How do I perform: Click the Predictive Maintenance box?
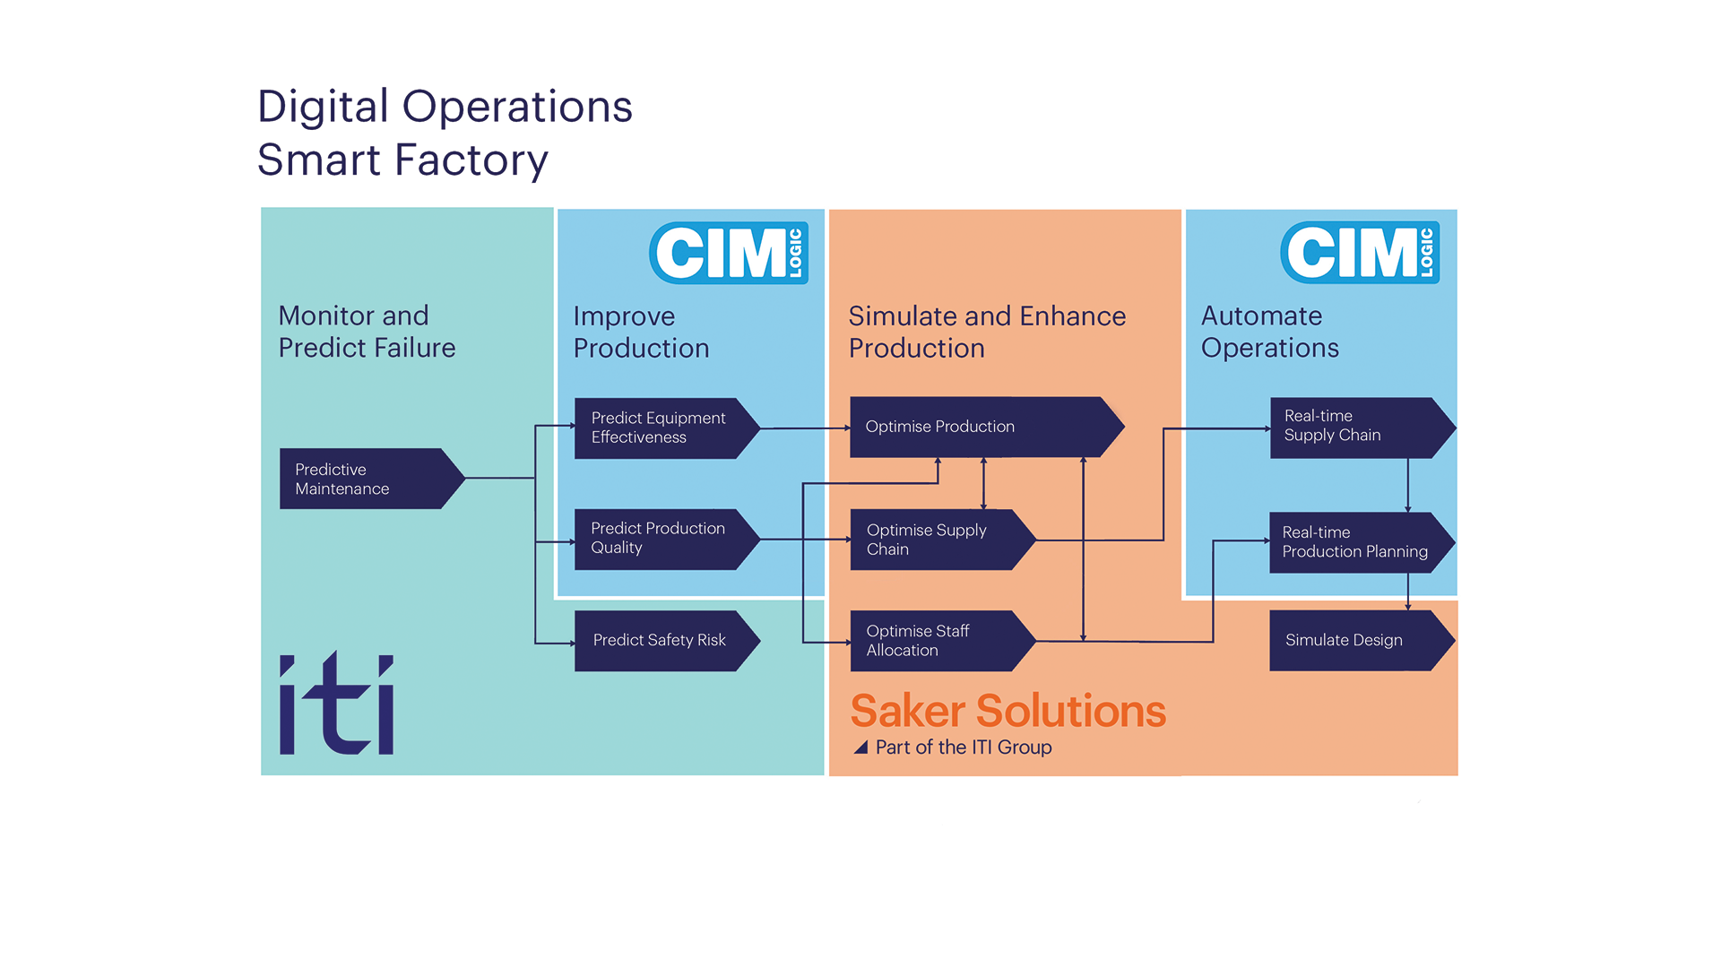point(372,479)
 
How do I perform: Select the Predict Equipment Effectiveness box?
point(667,428)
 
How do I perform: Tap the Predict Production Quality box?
point(667,540)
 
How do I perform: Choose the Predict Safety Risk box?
point(667,641)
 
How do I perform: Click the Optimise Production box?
point(986,428)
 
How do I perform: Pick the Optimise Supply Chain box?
point(943,540)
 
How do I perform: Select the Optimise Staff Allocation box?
point(943,641)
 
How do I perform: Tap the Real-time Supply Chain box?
point(1362,428)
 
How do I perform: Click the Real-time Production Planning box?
point(1362,542)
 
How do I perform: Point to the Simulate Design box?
point(1362,641)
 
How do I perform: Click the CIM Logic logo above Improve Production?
point(729,253)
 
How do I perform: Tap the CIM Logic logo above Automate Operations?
point(1360,253)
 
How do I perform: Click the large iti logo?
point(337,704)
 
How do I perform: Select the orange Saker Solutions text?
point(1008,711)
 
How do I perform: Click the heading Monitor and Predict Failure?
point(367,332)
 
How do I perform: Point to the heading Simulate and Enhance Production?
point(987,332)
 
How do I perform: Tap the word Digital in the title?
point(324,108)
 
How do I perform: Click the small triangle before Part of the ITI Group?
point(860,747)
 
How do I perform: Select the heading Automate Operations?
point(1270,332)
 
